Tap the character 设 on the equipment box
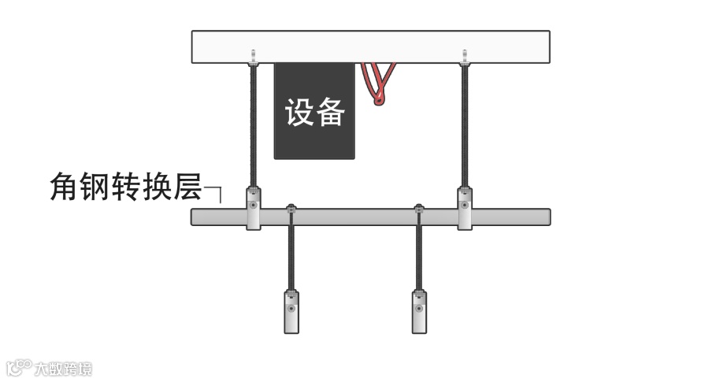pyautogui.click(x=299, y=112)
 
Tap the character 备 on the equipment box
pyautogui.click(x=331, y=112)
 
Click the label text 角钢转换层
pyautogui.click(x=125, y=187)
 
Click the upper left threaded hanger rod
pyautogui.click(x=254, y=126)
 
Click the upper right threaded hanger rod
pyautogui.click(x=465, y=126)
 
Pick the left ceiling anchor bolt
pyautogui.click(x=254, y=57)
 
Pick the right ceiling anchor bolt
pyautogui.click(x=465, y=57)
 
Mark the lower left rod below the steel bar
pyautogui.click(x=291, y=256)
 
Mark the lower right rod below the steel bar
pyautogui.click(x=419, y=256)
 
